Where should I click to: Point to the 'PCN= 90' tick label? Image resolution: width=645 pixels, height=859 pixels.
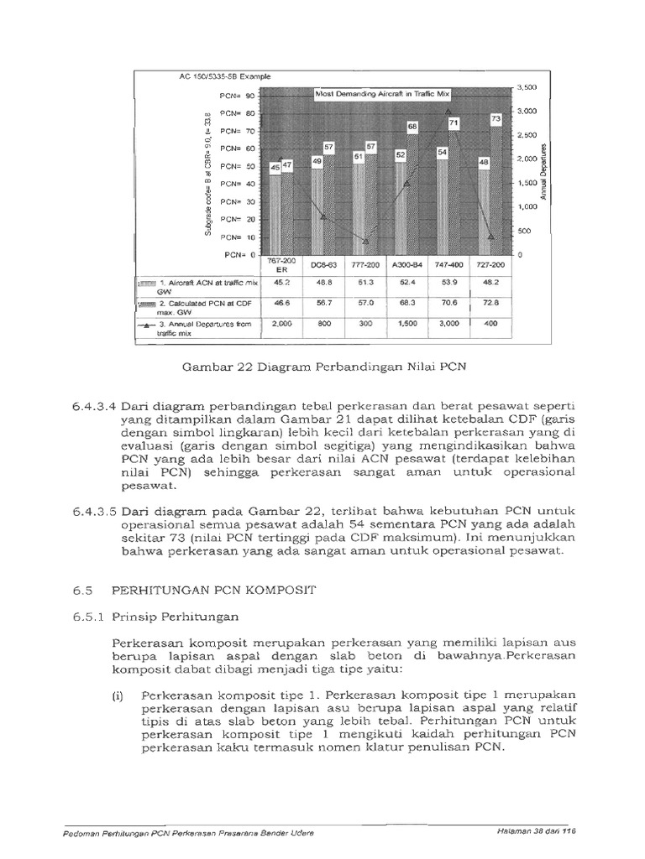237,96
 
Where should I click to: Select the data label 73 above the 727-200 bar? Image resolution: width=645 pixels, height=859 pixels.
495,119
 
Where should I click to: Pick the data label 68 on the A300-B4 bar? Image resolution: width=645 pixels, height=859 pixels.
412,127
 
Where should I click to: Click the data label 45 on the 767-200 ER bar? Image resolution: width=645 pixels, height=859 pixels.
274,168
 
